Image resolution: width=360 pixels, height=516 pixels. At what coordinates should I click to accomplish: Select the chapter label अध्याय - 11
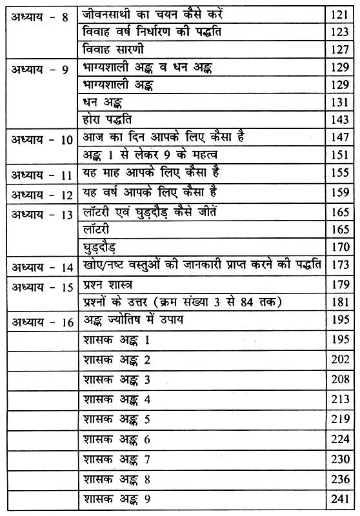click(40, 174)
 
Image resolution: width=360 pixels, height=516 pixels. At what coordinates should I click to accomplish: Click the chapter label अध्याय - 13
click(40, 214)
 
